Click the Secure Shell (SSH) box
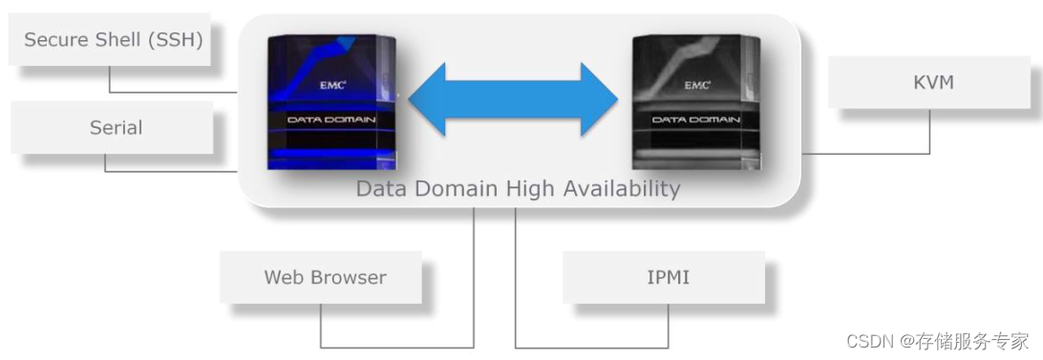coord(113,40)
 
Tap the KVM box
coord(932,82)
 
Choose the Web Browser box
coord(325,278)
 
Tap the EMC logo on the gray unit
coord(697,84)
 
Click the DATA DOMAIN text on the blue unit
coord(331,119)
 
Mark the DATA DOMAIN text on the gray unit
coord(697,119)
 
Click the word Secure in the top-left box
coord(53,40)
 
